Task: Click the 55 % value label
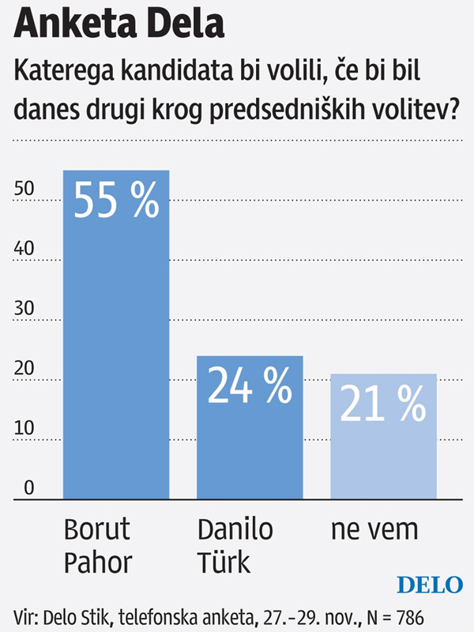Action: pyautogui.click(x=116, y=201)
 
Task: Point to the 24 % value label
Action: pyautogui.click(x=250, y=385)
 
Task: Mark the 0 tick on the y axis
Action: pyautogui.click(x=29, y=487)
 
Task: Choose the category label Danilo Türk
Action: pyautogui.click(x=235, y=546)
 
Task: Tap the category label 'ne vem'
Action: pyautogui.click(x=372, y=529)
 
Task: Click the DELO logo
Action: pyautogui.click(x=429, y=585)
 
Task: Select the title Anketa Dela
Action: pyautogui.click(x=118, y=26)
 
